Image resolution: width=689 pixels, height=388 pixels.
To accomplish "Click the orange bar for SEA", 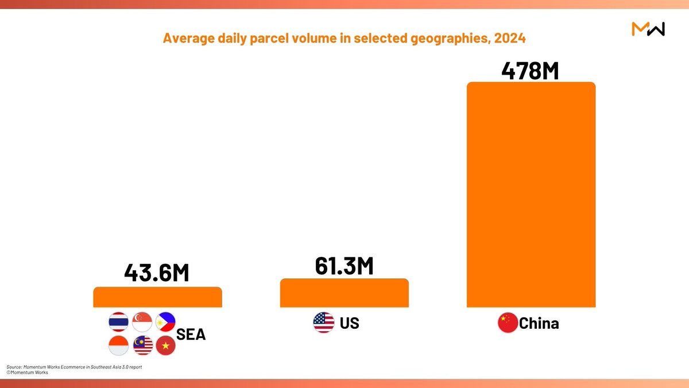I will pos(157,297).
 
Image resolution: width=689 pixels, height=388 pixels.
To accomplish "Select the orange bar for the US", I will pos(344,293).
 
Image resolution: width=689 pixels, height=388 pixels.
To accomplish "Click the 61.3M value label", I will pos(344,266).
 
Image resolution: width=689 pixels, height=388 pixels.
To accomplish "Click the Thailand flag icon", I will pos(118,322).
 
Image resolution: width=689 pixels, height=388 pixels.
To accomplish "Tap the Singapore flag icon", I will pos(142,322).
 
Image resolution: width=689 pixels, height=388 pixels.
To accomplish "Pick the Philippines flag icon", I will pos(165,322).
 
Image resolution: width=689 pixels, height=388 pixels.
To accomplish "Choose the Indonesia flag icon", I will pos(118,345).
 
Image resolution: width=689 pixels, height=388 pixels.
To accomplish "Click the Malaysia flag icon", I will pos(142,345).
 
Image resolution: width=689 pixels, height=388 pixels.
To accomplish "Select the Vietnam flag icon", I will pos(165,345).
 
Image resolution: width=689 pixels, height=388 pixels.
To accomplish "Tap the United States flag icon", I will pos(323,322).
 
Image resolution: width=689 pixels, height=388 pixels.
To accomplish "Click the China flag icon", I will pos(508,322).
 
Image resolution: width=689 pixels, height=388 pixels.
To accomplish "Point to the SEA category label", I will pos(191,334).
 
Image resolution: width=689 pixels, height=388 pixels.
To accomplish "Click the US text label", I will pos(349,323).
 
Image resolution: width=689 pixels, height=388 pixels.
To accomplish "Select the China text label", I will pos(539,323).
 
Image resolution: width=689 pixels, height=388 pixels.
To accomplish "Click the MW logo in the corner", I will pos(648,29).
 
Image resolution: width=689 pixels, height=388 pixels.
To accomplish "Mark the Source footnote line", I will pos(74,366).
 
